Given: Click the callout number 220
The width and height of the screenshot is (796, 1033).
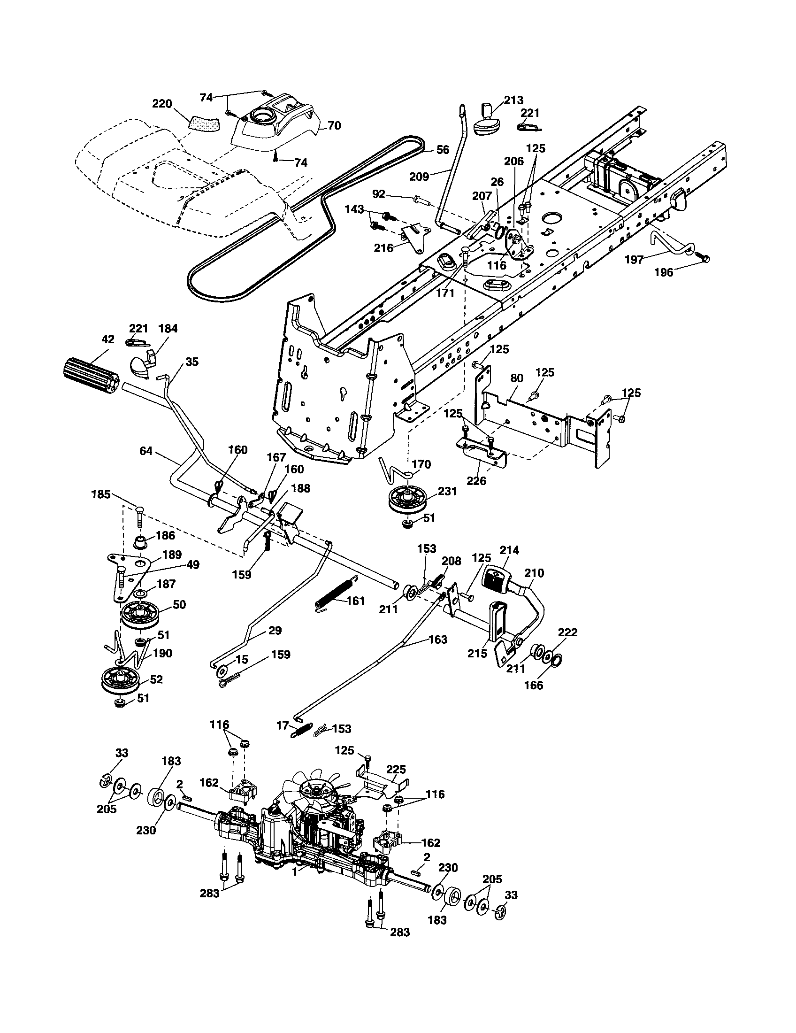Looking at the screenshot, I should point(162,104).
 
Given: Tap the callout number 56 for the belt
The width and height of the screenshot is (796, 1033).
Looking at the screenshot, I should point(443,150).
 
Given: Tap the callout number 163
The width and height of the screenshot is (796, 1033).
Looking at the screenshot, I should point(438,640).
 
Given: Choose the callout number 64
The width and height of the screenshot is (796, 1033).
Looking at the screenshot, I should point(146,451).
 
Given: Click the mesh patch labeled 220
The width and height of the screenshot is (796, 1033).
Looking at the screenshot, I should point(205,123).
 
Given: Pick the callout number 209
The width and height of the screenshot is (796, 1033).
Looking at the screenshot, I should point(419,177).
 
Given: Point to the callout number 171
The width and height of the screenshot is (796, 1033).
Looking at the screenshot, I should point(445,293).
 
